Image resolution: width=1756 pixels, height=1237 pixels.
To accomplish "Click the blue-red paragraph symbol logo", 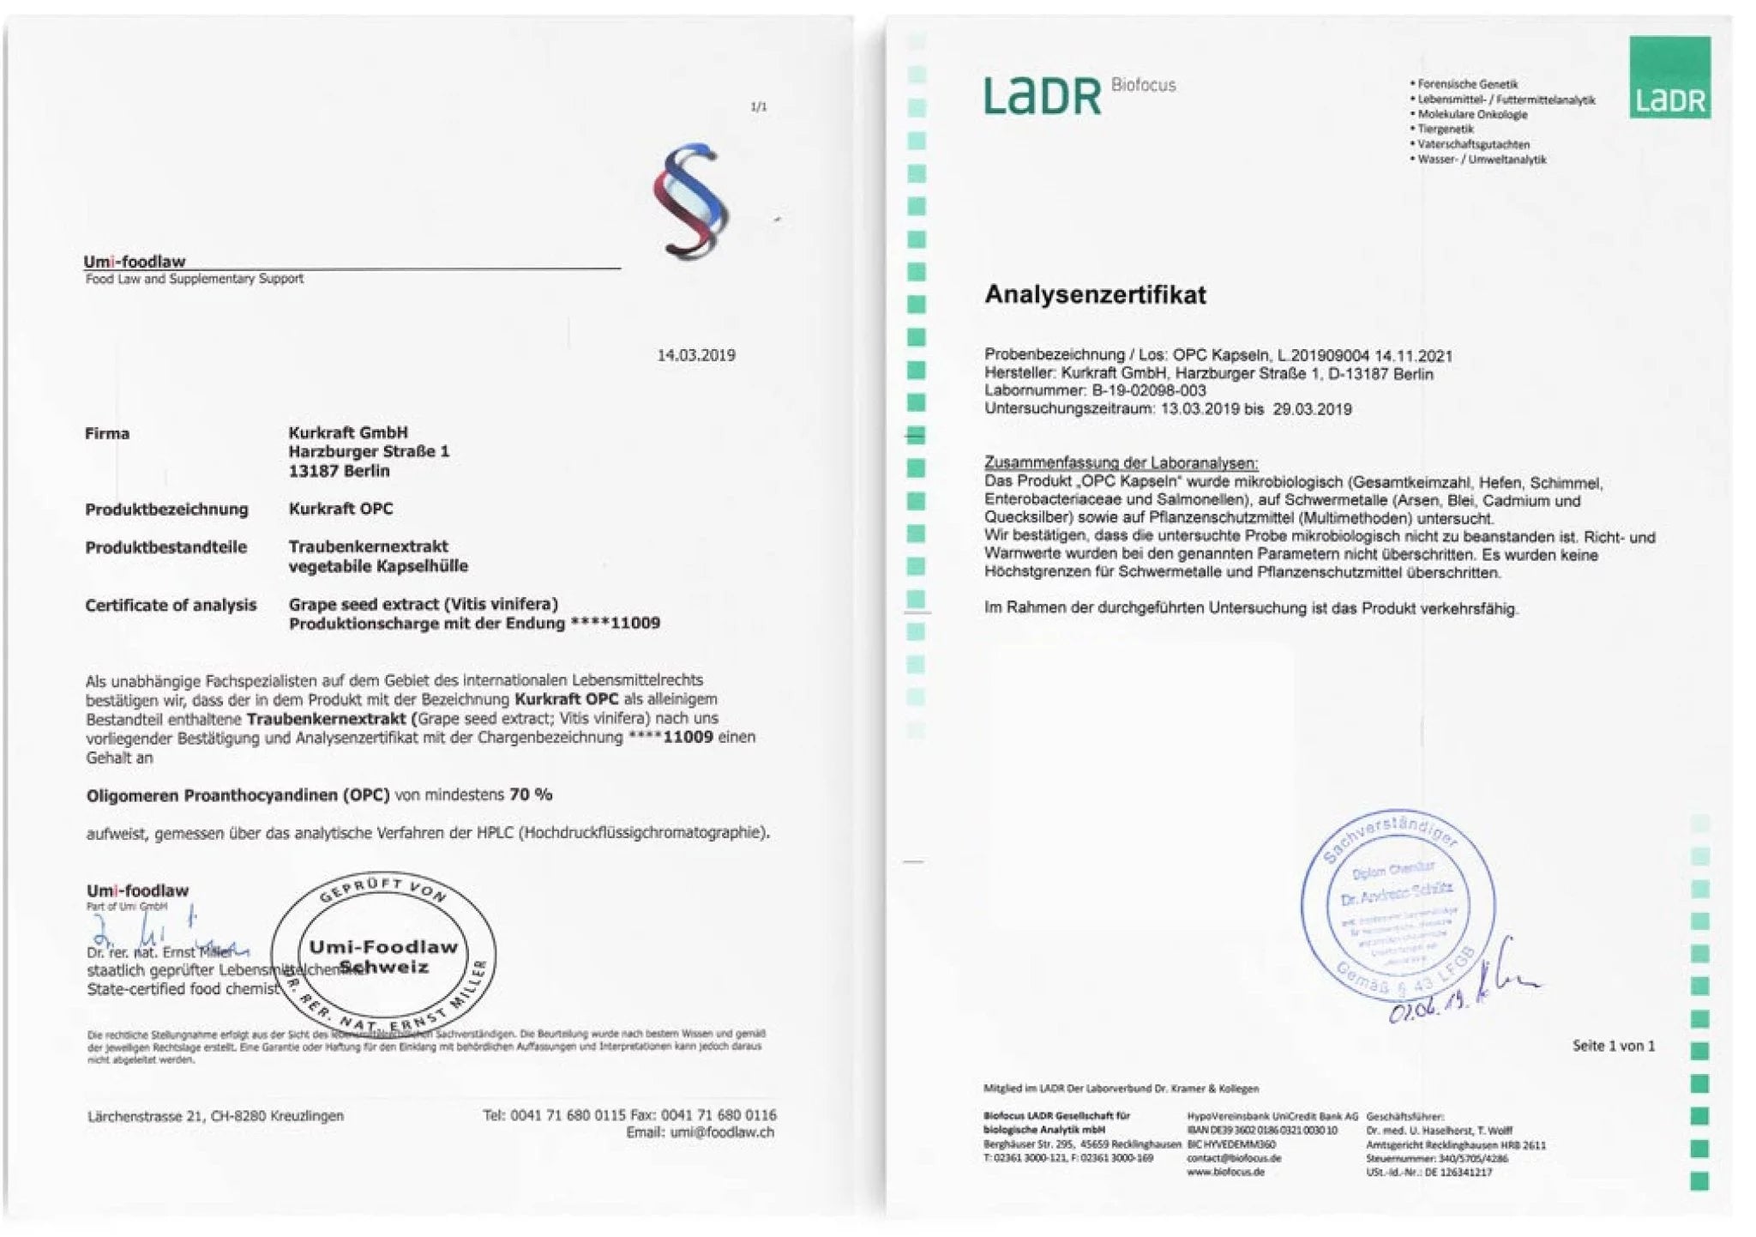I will point(690,202).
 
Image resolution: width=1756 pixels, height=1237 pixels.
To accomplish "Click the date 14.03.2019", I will point(695,355).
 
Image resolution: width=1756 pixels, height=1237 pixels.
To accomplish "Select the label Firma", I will point(107,433).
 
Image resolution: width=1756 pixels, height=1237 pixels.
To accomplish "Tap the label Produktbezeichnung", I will point(166,509).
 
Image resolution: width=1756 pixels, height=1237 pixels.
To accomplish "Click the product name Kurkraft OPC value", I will point(340,509).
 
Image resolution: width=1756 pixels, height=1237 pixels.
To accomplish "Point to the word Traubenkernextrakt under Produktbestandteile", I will point(368,546).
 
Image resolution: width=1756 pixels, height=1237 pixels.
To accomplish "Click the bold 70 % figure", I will point(531,794).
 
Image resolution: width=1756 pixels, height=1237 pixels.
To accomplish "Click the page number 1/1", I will point(758,106).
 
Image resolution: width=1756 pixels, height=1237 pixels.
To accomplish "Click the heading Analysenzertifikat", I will point(1094,294).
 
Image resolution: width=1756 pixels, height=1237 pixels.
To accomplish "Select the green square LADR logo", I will point(1669,77).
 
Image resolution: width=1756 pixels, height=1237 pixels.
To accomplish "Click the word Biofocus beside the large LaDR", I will point(1142,85).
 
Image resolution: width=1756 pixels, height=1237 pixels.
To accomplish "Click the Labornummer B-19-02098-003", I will point(1148,390).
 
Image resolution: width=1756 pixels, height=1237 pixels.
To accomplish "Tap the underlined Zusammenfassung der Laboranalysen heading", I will point(1120,462).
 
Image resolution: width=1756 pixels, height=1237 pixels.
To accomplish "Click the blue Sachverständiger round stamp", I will point(1398,905).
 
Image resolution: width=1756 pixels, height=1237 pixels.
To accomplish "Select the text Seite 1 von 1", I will point(1613,1046).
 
